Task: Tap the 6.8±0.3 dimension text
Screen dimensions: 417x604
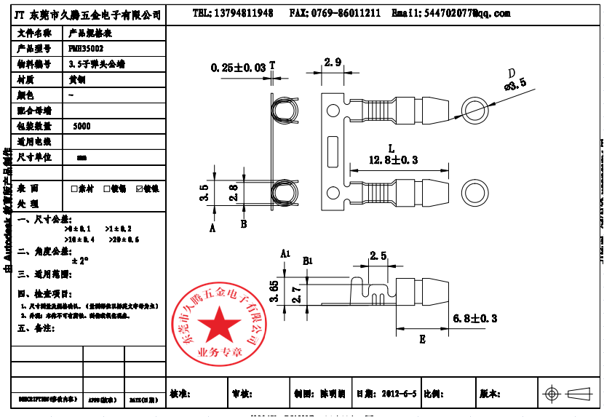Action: (x=474, y=318)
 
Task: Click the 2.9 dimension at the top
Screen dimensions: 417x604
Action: (x=333, y=63)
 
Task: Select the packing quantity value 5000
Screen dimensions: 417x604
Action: (x=82, y=126)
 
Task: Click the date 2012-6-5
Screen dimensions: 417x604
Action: (x=399, y=394)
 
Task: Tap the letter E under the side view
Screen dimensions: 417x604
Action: (x=423, y=338)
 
